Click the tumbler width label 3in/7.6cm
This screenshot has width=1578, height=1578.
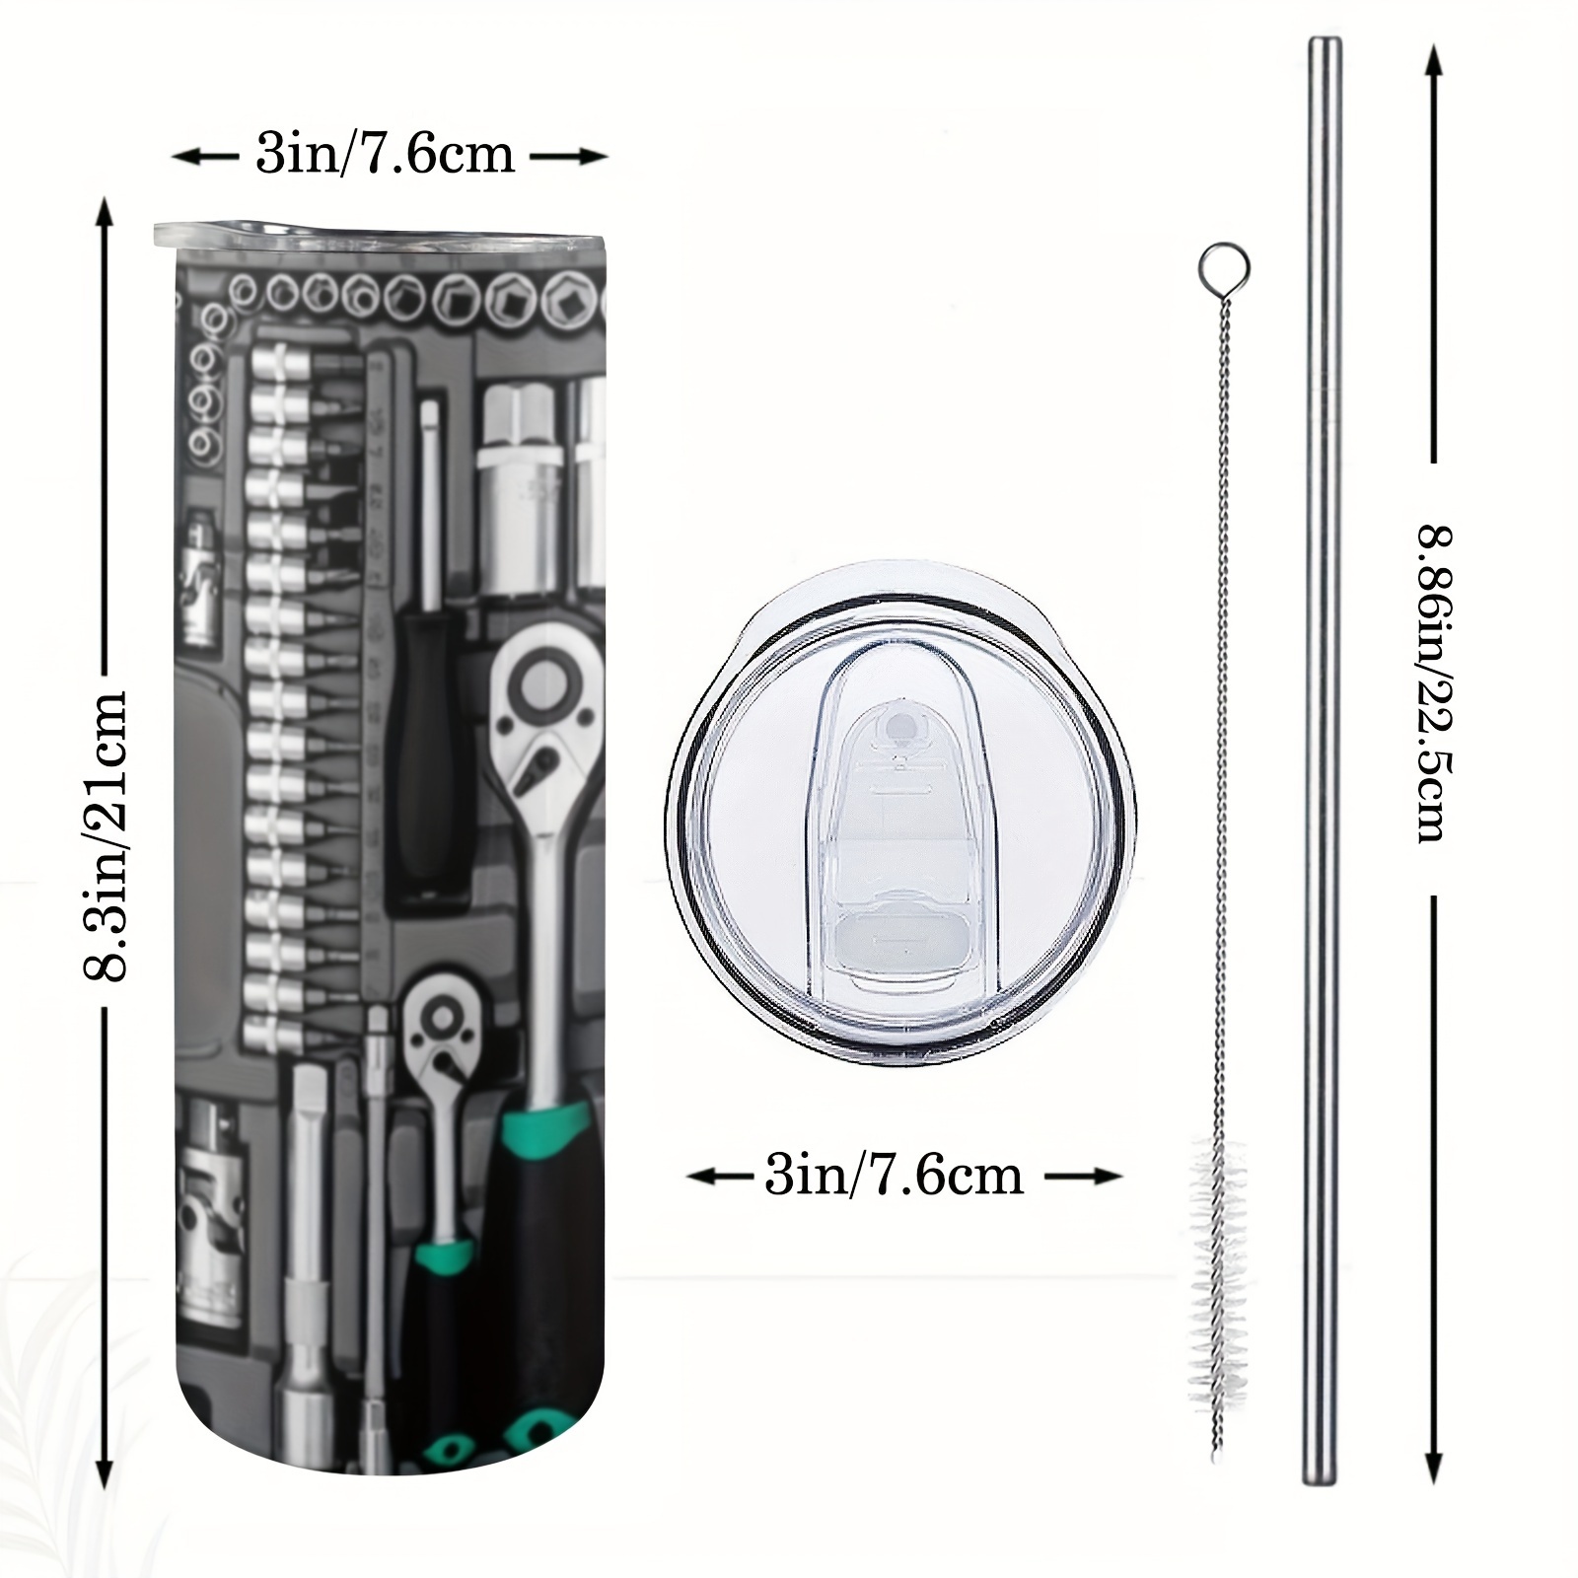(x=385, y=155)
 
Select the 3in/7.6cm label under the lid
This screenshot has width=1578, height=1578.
(x=894, y=1176)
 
